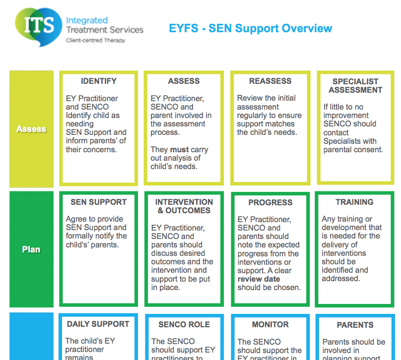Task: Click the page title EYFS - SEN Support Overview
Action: (x=251, y=28)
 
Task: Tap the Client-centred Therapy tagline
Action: (x=95, y=41)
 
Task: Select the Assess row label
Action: (x=31, y=129)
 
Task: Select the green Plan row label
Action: (x=31, y=249)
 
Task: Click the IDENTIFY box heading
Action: (x=99, y=81)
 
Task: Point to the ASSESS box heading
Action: (x=184, y=81)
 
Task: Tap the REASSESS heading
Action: (x=270, y=81)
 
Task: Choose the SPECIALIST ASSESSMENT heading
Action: (x=355, y=86)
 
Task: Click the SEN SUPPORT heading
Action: (x=98, y=202)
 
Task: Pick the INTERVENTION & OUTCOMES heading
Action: (x=184, y=206)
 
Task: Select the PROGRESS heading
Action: (x=270, y=203)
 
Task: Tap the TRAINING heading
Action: (x=354, y=202)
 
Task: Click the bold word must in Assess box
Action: (x=179, y=149)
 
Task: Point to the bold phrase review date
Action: (x=259, y=279)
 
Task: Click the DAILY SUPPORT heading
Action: (x=98, y=324)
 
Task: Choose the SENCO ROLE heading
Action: (x=184, y=325)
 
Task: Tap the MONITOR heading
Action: (x=270, y=324)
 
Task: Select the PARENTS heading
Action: (x=355, y=325)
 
